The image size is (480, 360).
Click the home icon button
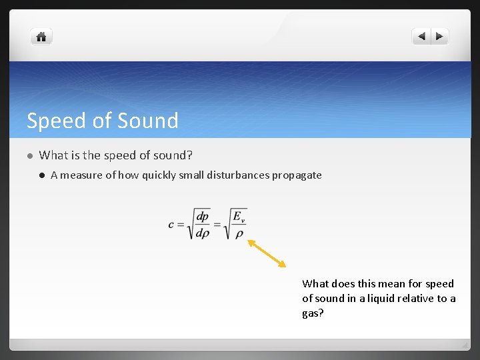click(41, 37)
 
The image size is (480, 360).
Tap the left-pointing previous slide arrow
click(421, 37)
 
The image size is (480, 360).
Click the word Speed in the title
click(56, 121)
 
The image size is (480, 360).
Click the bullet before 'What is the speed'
click(29, 156)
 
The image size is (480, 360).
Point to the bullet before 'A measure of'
click(41, 175)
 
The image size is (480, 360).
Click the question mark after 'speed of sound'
click(190, 155)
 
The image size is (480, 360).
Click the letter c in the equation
click(171, 225)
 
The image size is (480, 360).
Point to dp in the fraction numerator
click(203, 217)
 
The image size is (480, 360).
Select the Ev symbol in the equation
click(238, 217)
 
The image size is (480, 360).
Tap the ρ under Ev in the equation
click(237, 233)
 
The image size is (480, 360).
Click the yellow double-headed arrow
click(267, 253)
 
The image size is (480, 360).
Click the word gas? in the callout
click(313, 313)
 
